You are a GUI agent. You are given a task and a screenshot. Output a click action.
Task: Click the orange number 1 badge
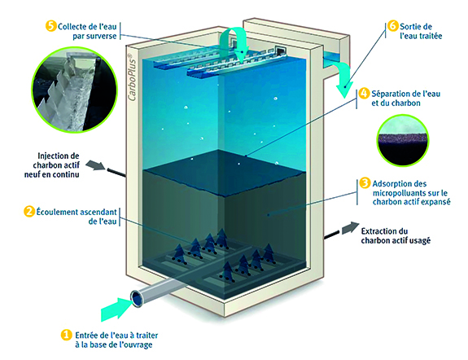[x=66, y=335]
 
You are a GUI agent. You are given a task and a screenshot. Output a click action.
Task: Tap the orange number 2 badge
[x=29, y=212]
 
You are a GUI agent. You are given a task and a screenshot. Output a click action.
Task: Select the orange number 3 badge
[x=365, y=183]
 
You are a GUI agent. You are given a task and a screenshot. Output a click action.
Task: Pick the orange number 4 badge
[x=364, y=93]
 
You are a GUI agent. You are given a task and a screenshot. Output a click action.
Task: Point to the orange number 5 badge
[x=51, y=26]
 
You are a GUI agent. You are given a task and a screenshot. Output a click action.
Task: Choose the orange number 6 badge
[x=393, y=26]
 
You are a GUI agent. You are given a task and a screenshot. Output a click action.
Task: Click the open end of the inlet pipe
[x=137, y=298]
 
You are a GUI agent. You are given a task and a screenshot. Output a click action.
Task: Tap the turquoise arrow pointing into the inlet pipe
[x=116, y=309]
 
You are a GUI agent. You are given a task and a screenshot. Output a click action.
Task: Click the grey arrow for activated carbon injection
[x=94, y=165]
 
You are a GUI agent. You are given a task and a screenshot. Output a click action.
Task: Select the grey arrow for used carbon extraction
[x=351, y=228]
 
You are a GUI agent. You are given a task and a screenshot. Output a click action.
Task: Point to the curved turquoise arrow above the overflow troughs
[x=236, y=42]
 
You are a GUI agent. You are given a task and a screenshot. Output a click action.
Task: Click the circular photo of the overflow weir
[x=74, y=90]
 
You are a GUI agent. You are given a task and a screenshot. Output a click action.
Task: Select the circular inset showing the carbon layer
[x=403, y=140]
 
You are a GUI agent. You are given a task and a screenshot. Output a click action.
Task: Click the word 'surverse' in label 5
[x=100, y=36]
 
